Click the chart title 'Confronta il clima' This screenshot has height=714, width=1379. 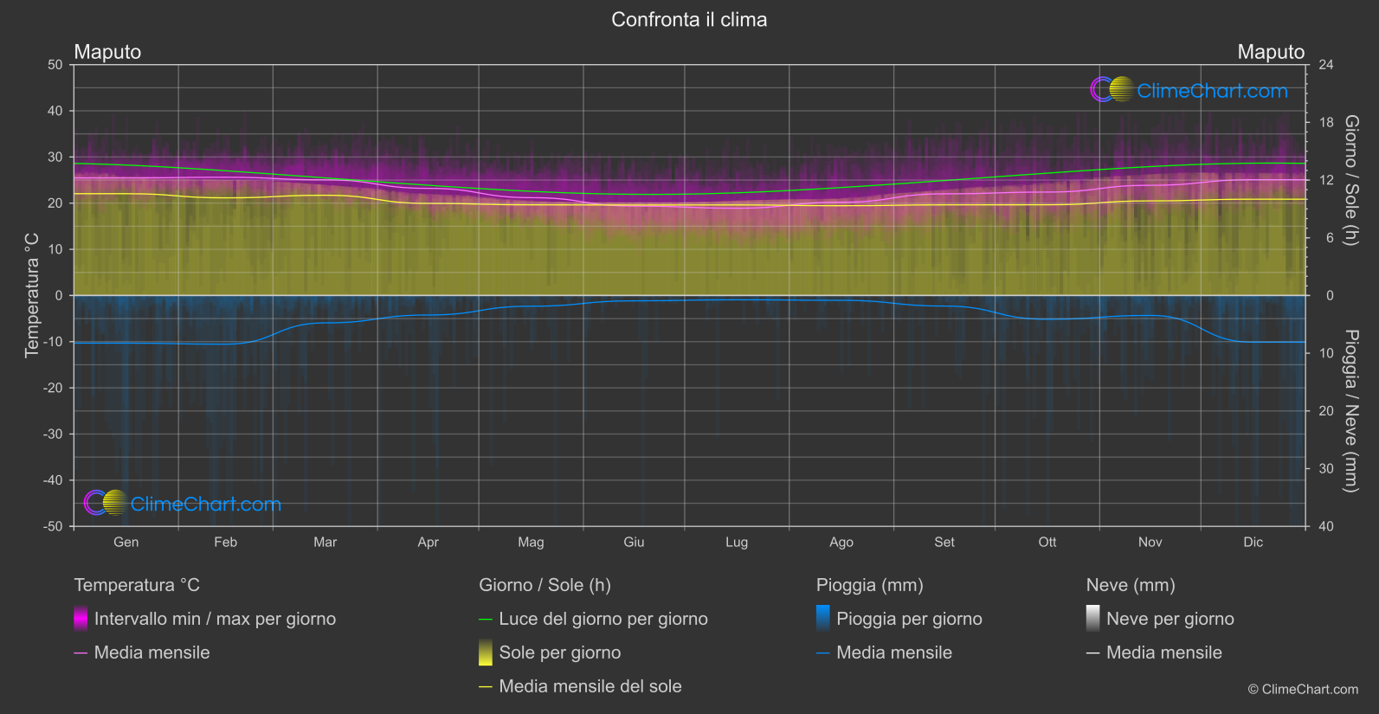pos(689,20)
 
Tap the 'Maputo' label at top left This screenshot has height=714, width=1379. pos(107,52)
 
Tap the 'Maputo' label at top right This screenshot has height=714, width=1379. pos(1270,52)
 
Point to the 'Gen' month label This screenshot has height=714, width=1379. pos(126,542)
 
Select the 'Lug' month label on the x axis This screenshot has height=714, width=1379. pos(737,542)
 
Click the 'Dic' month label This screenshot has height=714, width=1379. pos(1253,542)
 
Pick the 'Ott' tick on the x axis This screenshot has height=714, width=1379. pos(1047,542)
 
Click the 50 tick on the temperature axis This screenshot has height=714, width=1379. pos(55,65)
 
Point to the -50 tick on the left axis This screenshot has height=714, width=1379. pos(53,526)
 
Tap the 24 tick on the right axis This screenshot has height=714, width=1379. pos(1325,65)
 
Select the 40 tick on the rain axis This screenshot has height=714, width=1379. pos(1325,526)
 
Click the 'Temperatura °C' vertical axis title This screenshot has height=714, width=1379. pos(32,295)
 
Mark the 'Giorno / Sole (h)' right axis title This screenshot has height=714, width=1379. pos(1350,180)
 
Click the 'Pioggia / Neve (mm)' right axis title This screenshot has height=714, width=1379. pos(1350,411)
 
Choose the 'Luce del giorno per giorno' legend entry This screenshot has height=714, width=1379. pos(603,619)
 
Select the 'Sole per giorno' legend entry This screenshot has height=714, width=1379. pos(559,653)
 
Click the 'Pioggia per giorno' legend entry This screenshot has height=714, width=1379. pos(909,619)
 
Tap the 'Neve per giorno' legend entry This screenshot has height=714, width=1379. pos(1170,619)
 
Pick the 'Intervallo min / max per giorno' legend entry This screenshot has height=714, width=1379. pos(215,619)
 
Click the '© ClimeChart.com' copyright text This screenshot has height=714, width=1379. pos(1303,690)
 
